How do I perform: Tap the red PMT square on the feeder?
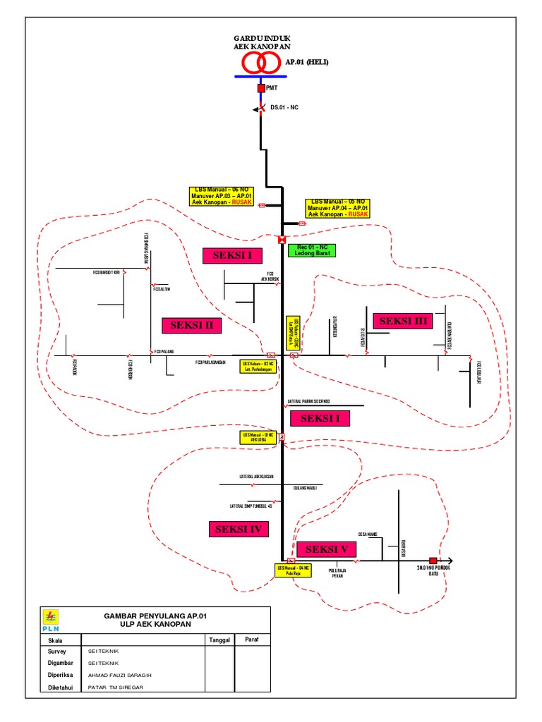coord(260,88)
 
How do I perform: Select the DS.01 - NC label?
coord(285,108)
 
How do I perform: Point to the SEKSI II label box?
coord(191,325)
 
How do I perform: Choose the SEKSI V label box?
coord(326,549)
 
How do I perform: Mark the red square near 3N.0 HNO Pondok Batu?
coord(433,561)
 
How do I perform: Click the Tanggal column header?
coord(219,640)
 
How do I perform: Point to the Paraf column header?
coord(252,640)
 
